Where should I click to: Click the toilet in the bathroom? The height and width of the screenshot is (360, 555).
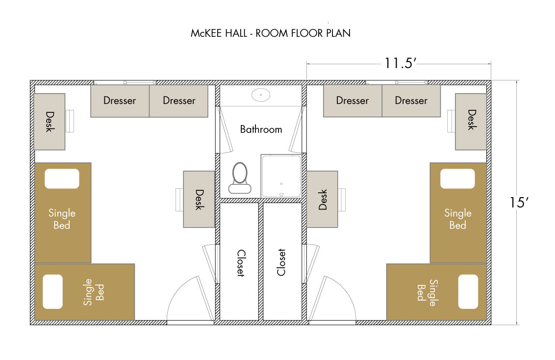pyautogui.click(x=240, y=178)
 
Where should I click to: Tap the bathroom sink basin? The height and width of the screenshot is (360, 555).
pyautogui.click(x=261, y=95)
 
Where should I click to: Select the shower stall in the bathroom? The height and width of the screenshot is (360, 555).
pyautogui.click(x=281, y=176)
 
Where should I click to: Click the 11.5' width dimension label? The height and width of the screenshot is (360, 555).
pyautogui.click(x=401, y=63)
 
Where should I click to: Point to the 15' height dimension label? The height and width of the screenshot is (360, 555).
pyautogui.click(x=519, y=203)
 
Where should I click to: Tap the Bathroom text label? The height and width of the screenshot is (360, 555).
pyautogui.click(x=261, y=129)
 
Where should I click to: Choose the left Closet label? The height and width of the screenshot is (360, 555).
pyautogui.click(x=241, y=263)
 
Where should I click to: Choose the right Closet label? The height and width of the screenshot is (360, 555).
pyautogui.click(x=281, y=262)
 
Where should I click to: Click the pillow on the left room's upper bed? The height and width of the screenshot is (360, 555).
pyautogui.click(x=62, y=179)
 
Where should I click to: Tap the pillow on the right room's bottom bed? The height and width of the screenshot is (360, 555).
pyautogui.click(x=468, y=291)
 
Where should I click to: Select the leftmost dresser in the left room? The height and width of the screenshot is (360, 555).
pyautogui.click(x=120, y=101)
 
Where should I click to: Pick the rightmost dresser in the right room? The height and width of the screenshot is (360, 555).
pyautogui.click(x=411, y=101)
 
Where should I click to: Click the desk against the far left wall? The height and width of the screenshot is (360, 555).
pyautogui.click(x=50, y=122)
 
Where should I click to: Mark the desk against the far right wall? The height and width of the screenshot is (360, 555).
pyautogui.click(x=471, y=122)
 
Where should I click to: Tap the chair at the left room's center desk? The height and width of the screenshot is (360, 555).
pyautogui.click(x=179, y=200)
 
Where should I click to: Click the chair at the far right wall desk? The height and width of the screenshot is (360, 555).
pyautogui.click(x=451, y=121)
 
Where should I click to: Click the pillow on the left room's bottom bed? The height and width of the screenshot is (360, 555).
pyautogui.click(x=53, y=291)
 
